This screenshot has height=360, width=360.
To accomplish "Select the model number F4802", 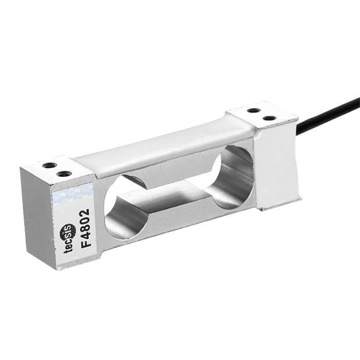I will (85, 227).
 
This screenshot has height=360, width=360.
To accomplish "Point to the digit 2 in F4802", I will (85, 212).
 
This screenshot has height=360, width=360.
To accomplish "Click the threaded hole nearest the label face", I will (64, 174).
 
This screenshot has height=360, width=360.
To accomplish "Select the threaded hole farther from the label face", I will (50, 166).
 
